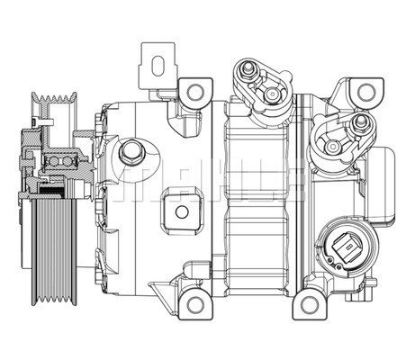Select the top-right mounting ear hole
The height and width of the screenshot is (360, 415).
pyautogui.click(x=365, y=92)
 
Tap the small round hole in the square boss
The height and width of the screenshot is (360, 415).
pyautogui.click(x=182, y=213)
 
